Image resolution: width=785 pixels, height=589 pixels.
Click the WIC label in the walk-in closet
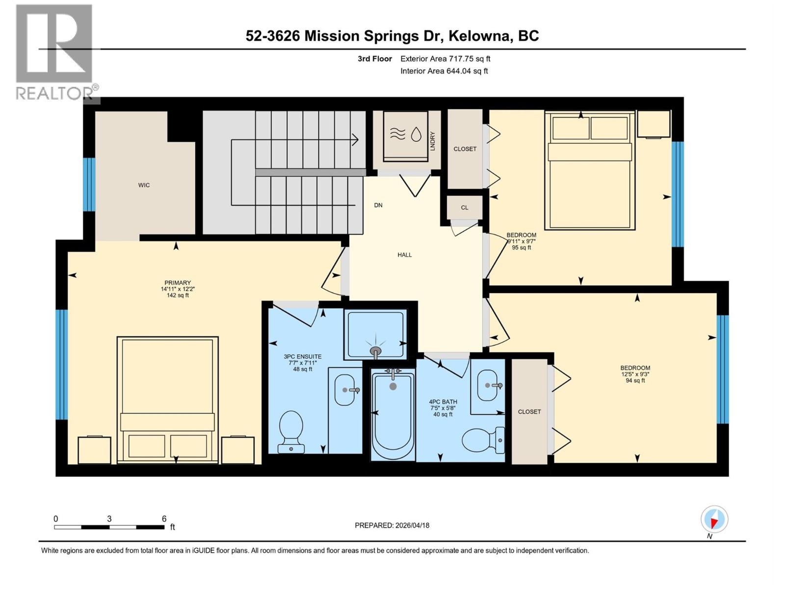pyautogui.click(x=144, y=185)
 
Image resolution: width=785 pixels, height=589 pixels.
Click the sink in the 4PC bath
pyautogui.click(x=487, y=385)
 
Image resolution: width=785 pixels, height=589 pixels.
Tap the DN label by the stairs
pyautogui.click(x=378, y=205)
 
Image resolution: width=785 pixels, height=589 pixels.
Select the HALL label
pyautogui.click(x=405, y=255)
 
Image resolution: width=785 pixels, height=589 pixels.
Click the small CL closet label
pyautogui.click(x=464, y=208)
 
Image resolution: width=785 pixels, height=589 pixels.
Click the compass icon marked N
pyautogui.click(x=714, y=519)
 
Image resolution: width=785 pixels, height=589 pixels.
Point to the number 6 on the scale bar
pyautogui.click(x=164, y=519)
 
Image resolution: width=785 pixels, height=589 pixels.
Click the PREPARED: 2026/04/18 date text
pyautogui.click(x=392, y=525)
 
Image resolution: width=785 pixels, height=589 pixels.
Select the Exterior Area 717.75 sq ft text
pyautogui.click(x=445, y=59)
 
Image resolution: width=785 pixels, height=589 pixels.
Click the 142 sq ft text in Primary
pyautogui.click(x=178, y=295)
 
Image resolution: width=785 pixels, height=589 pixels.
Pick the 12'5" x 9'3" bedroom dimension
pyautogui.click(x=635, y=374)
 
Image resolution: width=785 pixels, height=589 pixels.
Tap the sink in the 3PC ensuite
pyautogui.click(x=345, y=390)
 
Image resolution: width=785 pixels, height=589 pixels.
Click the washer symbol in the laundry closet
pyautogui.click(x=405, y=135)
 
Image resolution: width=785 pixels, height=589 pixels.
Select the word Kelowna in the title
pyautogui.click(x=481, y=36)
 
